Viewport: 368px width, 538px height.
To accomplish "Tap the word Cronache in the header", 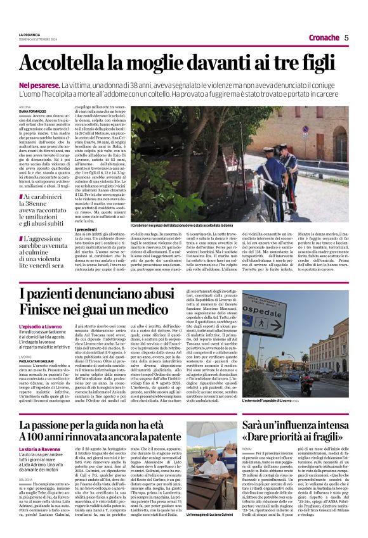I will pos(324,38).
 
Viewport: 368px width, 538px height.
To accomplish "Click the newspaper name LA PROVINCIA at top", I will pos(29,34).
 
